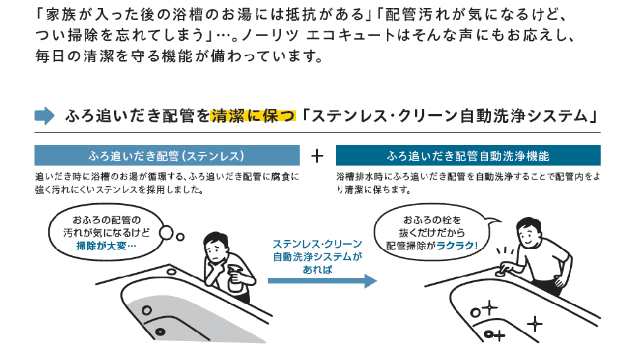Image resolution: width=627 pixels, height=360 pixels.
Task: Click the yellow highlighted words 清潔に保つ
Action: click(x=253, y=116)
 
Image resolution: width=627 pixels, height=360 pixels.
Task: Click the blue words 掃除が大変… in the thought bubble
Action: click(x=106, y=245)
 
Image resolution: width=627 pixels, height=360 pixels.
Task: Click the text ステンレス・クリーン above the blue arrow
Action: click(x=317, y=243)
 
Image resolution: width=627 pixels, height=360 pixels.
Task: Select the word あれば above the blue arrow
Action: click(x=317, y=269)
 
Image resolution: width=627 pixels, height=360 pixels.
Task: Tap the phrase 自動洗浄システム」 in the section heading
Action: click(x=535, y=116)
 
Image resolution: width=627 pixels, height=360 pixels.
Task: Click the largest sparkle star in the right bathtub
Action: click(x=534, y=324)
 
